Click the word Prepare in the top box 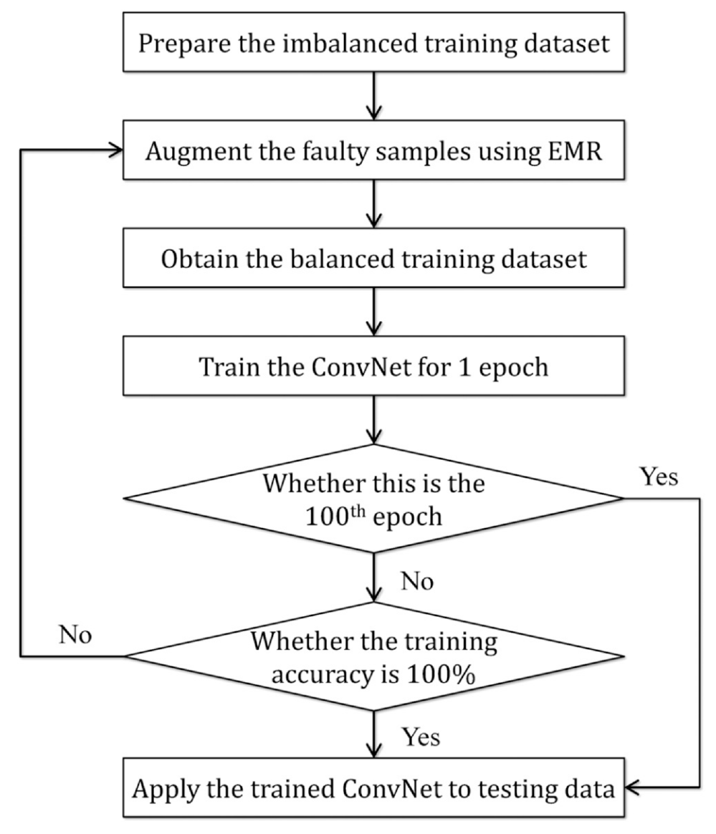click(x=185, y=44)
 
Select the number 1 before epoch click(x=464, y=367)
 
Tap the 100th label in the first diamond click(x=335, y=517)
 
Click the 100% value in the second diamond click(x=441, y=674)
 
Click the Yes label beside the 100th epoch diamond click(x=659, y=476)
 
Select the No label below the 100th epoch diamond click(x=417, y=581)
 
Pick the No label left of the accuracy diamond click(x=75, y=635)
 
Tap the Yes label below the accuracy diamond click(x=421, y=737)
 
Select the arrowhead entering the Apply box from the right click(x=632, y=787)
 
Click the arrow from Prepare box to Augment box click(x=374, y=96)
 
